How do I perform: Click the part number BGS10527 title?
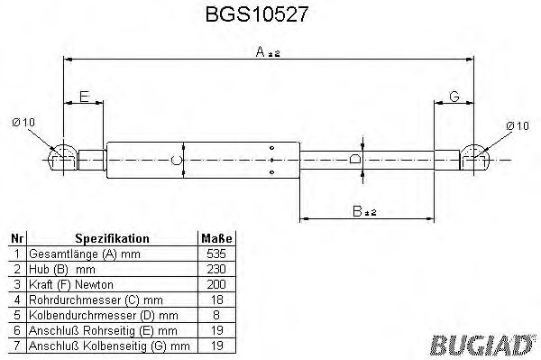point(270,15)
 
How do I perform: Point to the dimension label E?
point(84,95)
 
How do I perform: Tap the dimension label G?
point(454,95)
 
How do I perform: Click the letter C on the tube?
point(177,161)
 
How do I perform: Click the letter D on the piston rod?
point(354,160)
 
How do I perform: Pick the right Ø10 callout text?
point(517,125)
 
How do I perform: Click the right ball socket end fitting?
point(475,159)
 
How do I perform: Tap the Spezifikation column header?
point(113,239)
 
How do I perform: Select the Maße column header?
point(216,239)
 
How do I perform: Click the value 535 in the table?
point(216,254)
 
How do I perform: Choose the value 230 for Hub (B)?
point(216,269)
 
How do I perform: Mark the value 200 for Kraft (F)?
point(216,284)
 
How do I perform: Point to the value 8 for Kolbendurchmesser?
point(216,315)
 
